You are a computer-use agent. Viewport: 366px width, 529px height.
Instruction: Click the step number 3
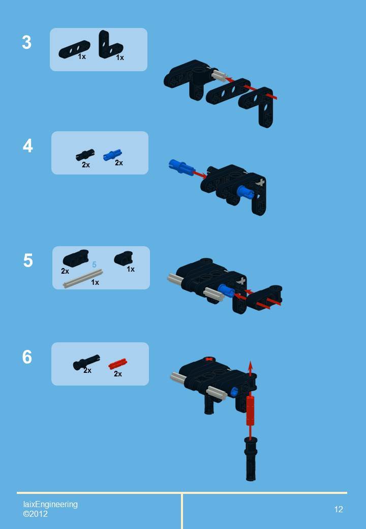coord(27,43)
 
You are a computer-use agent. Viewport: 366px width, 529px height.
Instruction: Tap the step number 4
coord(27,146)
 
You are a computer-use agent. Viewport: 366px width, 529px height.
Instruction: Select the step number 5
coord(28,260)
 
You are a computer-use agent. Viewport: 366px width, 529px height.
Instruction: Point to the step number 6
coord(27,357)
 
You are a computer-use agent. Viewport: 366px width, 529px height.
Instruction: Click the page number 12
coord(339,509)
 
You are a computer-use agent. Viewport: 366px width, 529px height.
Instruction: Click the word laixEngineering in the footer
coord(50,504)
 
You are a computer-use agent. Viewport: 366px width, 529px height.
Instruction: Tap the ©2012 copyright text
coord(36,514)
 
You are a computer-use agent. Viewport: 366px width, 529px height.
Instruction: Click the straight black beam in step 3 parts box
coord(74,49)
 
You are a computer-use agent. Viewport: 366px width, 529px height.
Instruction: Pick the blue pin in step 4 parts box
coord(112,154)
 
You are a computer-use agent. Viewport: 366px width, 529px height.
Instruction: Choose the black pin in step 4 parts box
coord(85,155)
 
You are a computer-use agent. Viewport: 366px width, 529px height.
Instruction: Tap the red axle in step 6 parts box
coord(117,364)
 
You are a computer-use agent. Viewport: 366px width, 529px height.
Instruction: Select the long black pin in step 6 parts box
coord(86,362)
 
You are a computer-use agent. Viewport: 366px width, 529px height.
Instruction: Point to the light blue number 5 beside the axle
coord(94,265)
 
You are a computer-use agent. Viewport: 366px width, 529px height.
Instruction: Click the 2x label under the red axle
coord(118,374)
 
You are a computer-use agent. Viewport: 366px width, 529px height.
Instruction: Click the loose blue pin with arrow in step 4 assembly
coord(179,165)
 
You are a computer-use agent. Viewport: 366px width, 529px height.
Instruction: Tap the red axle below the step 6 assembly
coord(250,411)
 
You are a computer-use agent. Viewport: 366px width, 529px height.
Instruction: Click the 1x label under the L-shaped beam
coord(120,58)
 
